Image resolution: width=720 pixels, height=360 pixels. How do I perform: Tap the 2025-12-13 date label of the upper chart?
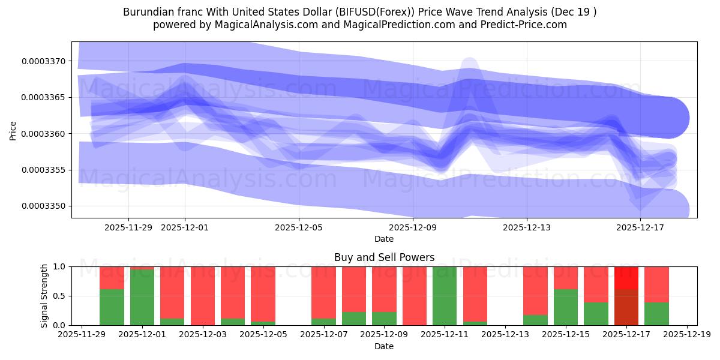pos(526,227)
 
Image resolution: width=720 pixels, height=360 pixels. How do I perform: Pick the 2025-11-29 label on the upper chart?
pos(128,227)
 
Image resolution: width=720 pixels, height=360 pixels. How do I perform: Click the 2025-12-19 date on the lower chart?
pos(686,335)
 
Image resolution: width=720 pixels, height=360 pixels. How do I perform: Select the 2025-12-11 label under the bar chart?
pos(445,335)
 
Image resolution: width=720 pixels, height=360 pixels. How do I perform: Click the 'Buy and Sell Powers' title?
pos(384,258)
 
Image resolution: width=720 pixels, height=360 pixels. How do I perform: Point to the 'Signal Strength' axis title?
pos(44,296)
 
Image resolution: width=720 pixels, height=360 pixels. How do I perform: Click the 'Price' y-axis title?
pos(13,130)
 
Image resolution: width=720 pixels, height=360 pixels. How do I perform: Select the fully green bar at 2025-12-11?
pos(445,296)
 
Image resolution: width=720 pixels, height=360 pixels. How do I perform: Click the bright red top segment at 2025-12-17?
pos(626,278)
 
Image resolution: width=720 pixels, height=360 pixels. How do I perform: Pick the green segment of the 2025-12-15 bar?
pos(566,307)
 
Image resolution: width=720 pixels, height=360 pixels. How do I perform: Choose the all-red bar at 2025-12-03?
pos(203,296)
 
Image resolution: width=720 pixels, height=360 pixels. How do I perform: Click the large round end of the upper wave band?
pos(668,118)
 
